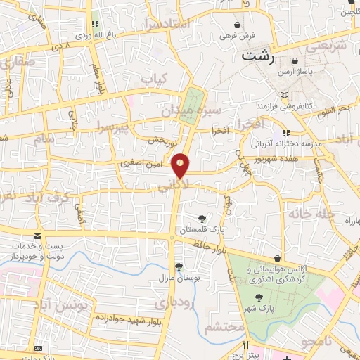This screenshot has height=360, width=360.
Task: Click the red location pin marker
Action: (181, 165)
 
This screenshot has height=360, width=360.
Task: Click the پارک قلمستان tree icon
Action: (202, 218)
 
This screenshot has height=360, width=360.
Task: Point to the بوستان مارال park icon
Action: (179, 266)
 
